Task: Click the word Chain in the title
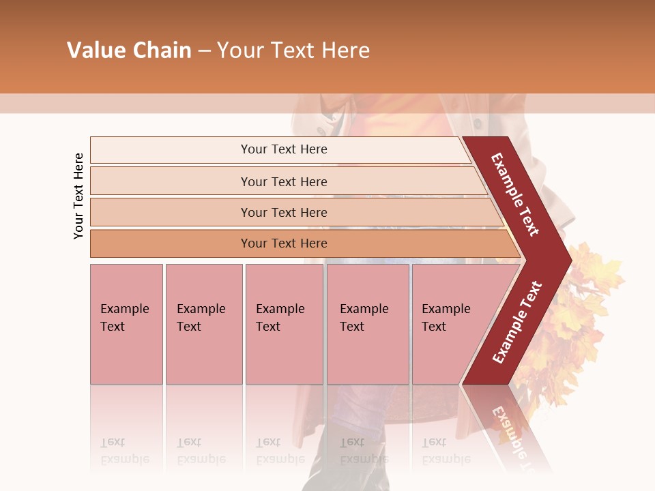click(162, 50)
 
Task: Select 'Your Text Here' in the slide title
click(293, 50)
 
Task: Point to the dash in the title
click(204, 51)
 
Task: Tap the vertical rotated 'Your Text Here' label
click(78, 196)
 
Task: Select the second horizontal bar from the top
click(284, 181)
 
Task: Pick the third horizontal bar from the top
click(284, 212)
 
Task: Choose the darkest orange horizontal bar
click(284, 243)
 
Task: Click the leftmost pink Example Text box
click(126, 323)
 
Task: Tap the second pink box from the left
click(203, 323)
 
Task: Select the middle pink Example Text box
click(284, 323)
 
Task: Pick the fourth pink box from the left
click(368, 323)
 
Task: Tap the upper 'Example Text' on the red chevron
click(515, 194)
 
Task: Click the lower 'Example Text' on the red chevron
click(516, 323)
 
